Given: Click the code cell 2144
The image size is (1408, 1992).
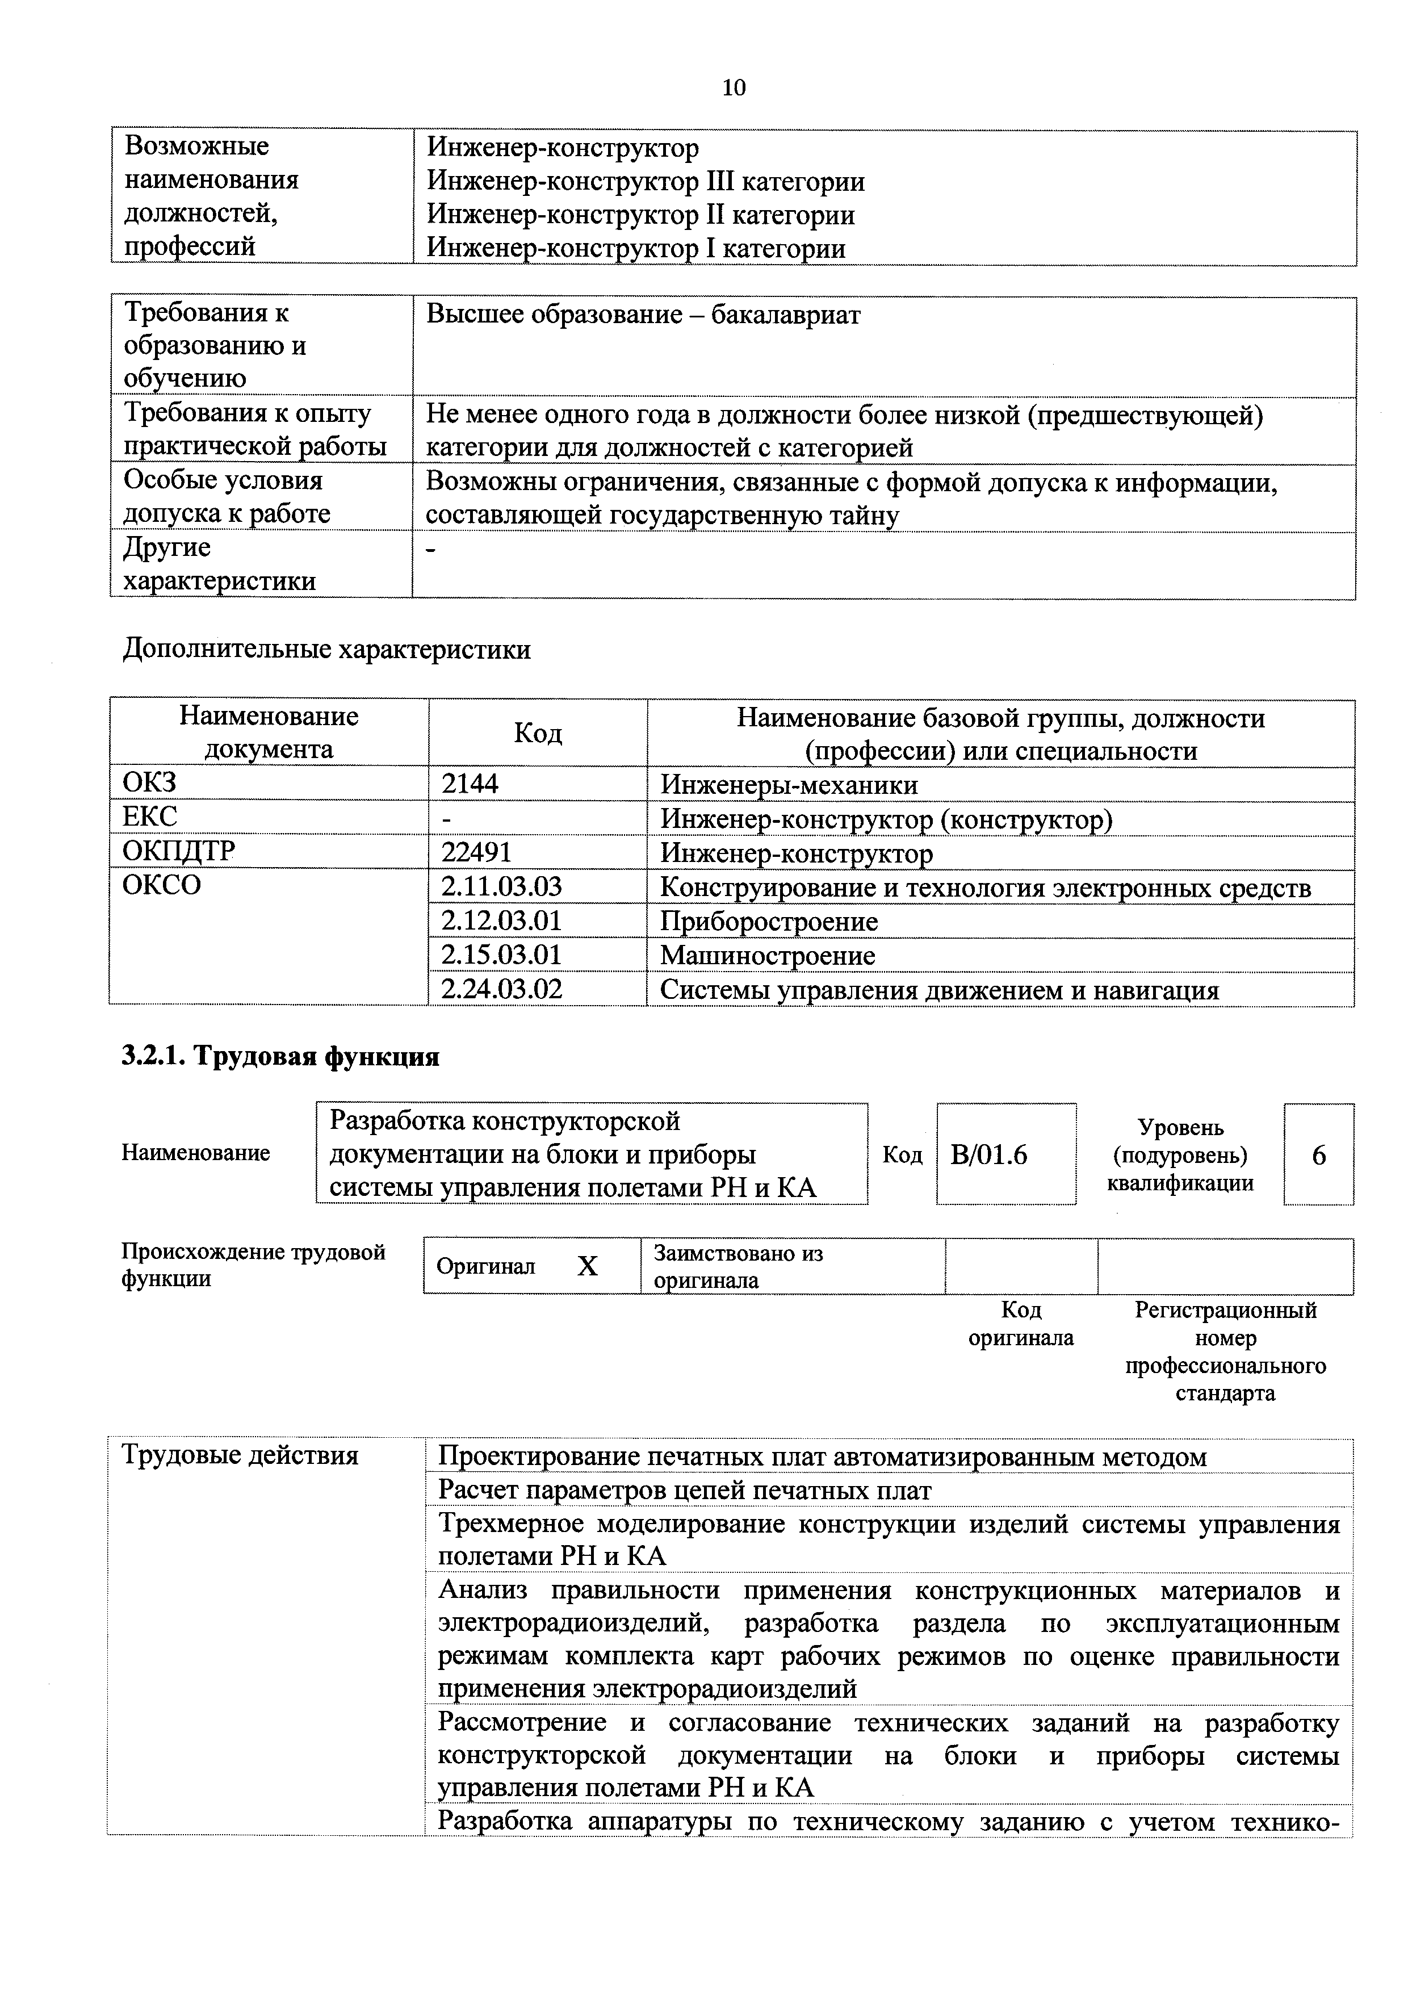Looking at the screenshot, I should [470, 784].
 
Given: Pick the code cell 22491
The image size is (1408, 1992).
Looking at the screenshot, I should [476, 853].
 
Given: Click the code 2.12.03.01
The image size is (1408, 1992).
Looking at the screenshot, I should [501, 920].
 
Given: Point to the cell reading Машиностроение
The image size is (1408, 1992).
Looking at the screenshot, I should [768, 955].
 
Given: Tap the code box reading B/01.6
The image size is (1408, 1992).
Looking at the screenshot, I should [989, 1155].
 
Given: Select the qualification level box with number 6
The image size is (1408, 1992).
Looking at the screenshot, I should [1319, 1155].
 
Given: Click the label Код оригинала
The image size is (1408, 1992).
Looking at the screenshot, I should [1020, 1323].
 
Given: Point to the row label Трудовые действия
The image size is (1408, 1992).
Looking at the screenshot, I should [240, 1455].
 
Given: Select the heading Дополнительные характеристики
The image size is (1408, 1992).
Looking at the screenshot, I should [326, 650].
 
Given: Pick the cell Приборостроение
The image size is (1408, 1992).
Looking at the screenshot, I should [769, 922].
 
